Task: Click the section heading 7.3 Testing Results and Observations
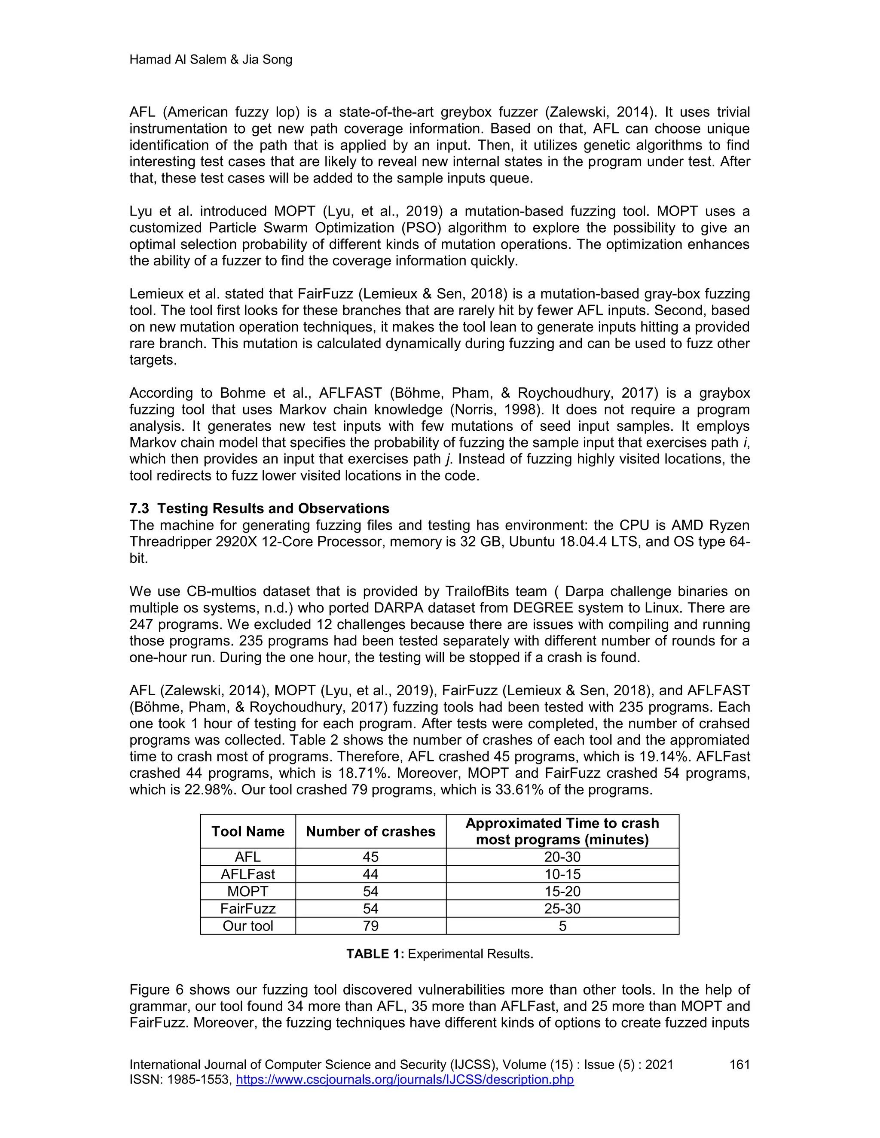pos(259,508)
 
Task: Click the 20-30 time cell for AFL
pos(562,857)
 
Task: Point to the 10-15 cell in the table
pos(562,874)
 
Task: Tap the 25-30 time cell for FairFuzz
pos(562,909)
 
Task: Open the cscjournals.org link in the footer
pos(404,1079)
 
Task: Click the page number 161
pos(739,1065)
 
